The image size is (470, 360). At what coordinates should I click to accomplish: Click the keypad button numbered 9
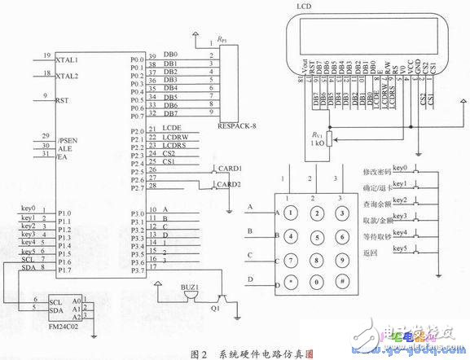[345, 262]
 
